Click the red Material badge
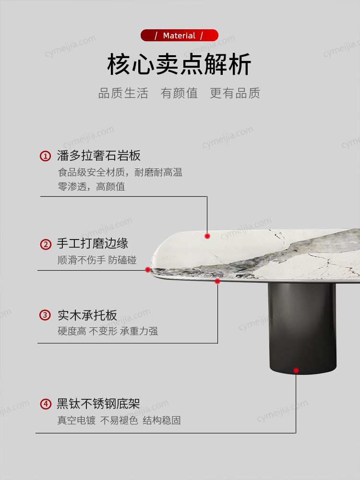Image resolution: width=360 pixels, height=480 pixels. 180,35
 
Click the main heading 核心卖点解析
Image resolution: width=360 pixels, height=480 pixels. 180,64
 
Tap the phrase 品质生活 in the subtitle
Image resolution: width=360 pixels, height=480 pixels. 123,93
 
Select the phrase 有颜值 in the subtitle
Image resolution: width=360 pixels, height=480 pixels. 180,93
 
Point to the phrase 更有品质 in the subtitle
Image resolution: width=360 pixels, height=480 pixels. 235,93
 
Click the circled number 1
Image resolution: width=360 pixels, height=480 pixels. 45,156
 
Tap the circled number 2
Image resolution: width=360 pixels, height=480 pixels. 46,244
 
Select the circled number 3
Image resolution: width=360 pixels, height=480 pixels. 45,315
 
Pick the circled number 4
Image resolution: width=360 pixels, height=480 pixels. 46,404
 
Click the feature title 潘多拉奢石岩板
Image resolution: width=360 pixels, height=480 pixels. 99,156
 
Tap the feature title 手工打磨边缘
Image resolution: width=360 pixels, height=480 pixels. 93,244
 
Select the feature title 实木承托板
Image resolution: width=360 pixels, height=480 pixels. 87,315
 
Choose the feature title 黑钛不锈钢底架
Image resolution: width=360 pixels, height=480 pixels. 98,404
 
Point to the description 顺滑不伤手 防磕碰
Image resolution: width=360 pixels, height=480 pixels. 97,260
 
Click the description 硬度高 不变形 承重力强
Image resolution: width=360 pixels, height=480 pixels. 108,331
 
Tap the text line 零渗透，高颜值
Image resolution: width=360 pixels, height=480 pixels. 92,186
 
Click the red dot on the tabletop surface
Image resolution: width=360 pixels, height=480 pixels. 207,236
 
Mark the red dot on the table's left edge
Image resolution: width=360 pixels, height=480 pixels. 148,270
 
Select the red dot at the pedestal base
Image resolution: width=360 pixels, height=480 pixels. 296,371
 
